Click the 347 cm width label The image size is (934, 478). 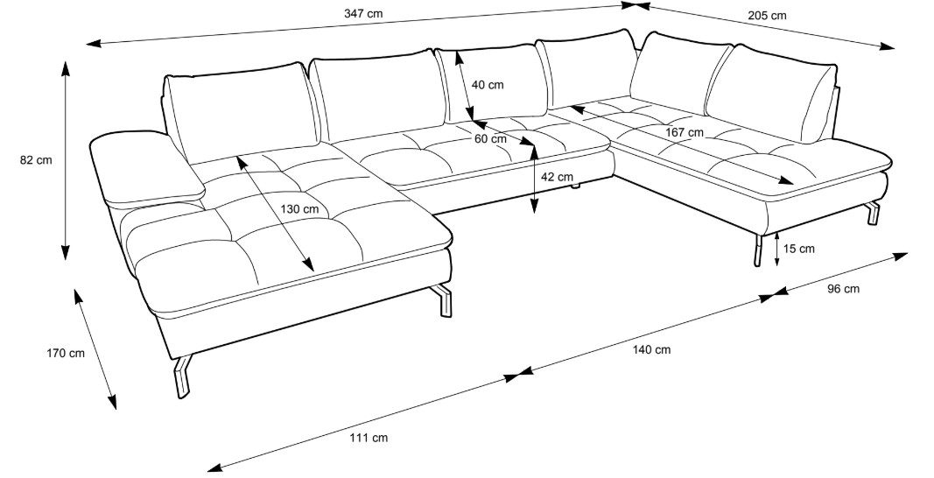(363, 13)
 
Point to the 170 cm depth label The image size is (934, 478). (65, 354)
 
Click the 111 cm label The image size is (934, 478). (369, 437)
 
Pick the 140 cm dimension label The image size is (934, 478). (650, 349)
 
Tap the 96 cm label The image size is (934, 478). (843, 289)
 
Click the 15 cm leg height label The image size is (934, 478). (798, 249)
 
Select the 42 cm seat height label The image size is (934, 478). (558, 177)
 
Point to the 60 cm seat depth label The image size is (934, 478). (490, 138)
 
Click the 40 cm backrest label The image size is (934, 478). (488, 85)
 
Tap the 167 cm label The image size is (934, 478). (685, 132)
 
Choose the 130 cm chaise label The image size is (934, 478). (299, 208)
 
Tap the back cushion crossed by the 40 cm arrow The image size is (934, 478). (492, 83)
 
